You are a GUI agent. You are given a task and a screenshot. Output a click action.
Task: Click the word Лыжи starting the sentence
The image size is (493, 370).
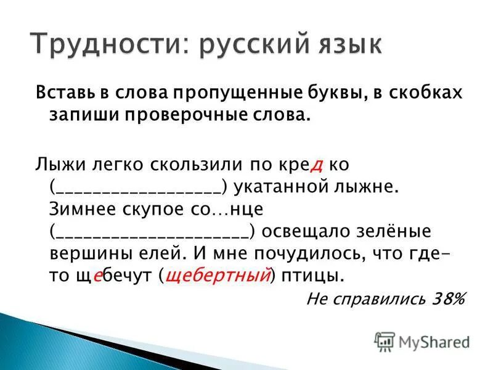pos(56,165)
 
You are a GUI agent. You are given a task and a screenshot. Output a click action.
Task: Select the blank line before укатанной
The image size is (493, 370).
pos(136,187)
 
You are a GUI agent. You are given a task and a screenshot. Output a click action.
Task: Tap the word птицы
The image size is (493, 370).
pos(312,276)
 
